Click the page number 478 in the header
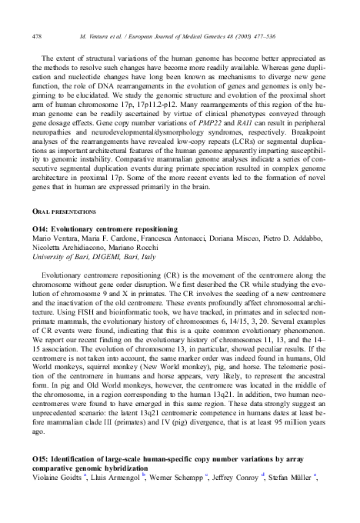pyautogui.click(x=37, y=37)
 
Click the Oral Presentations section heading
pyautogui.click(x=65, y=210)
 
